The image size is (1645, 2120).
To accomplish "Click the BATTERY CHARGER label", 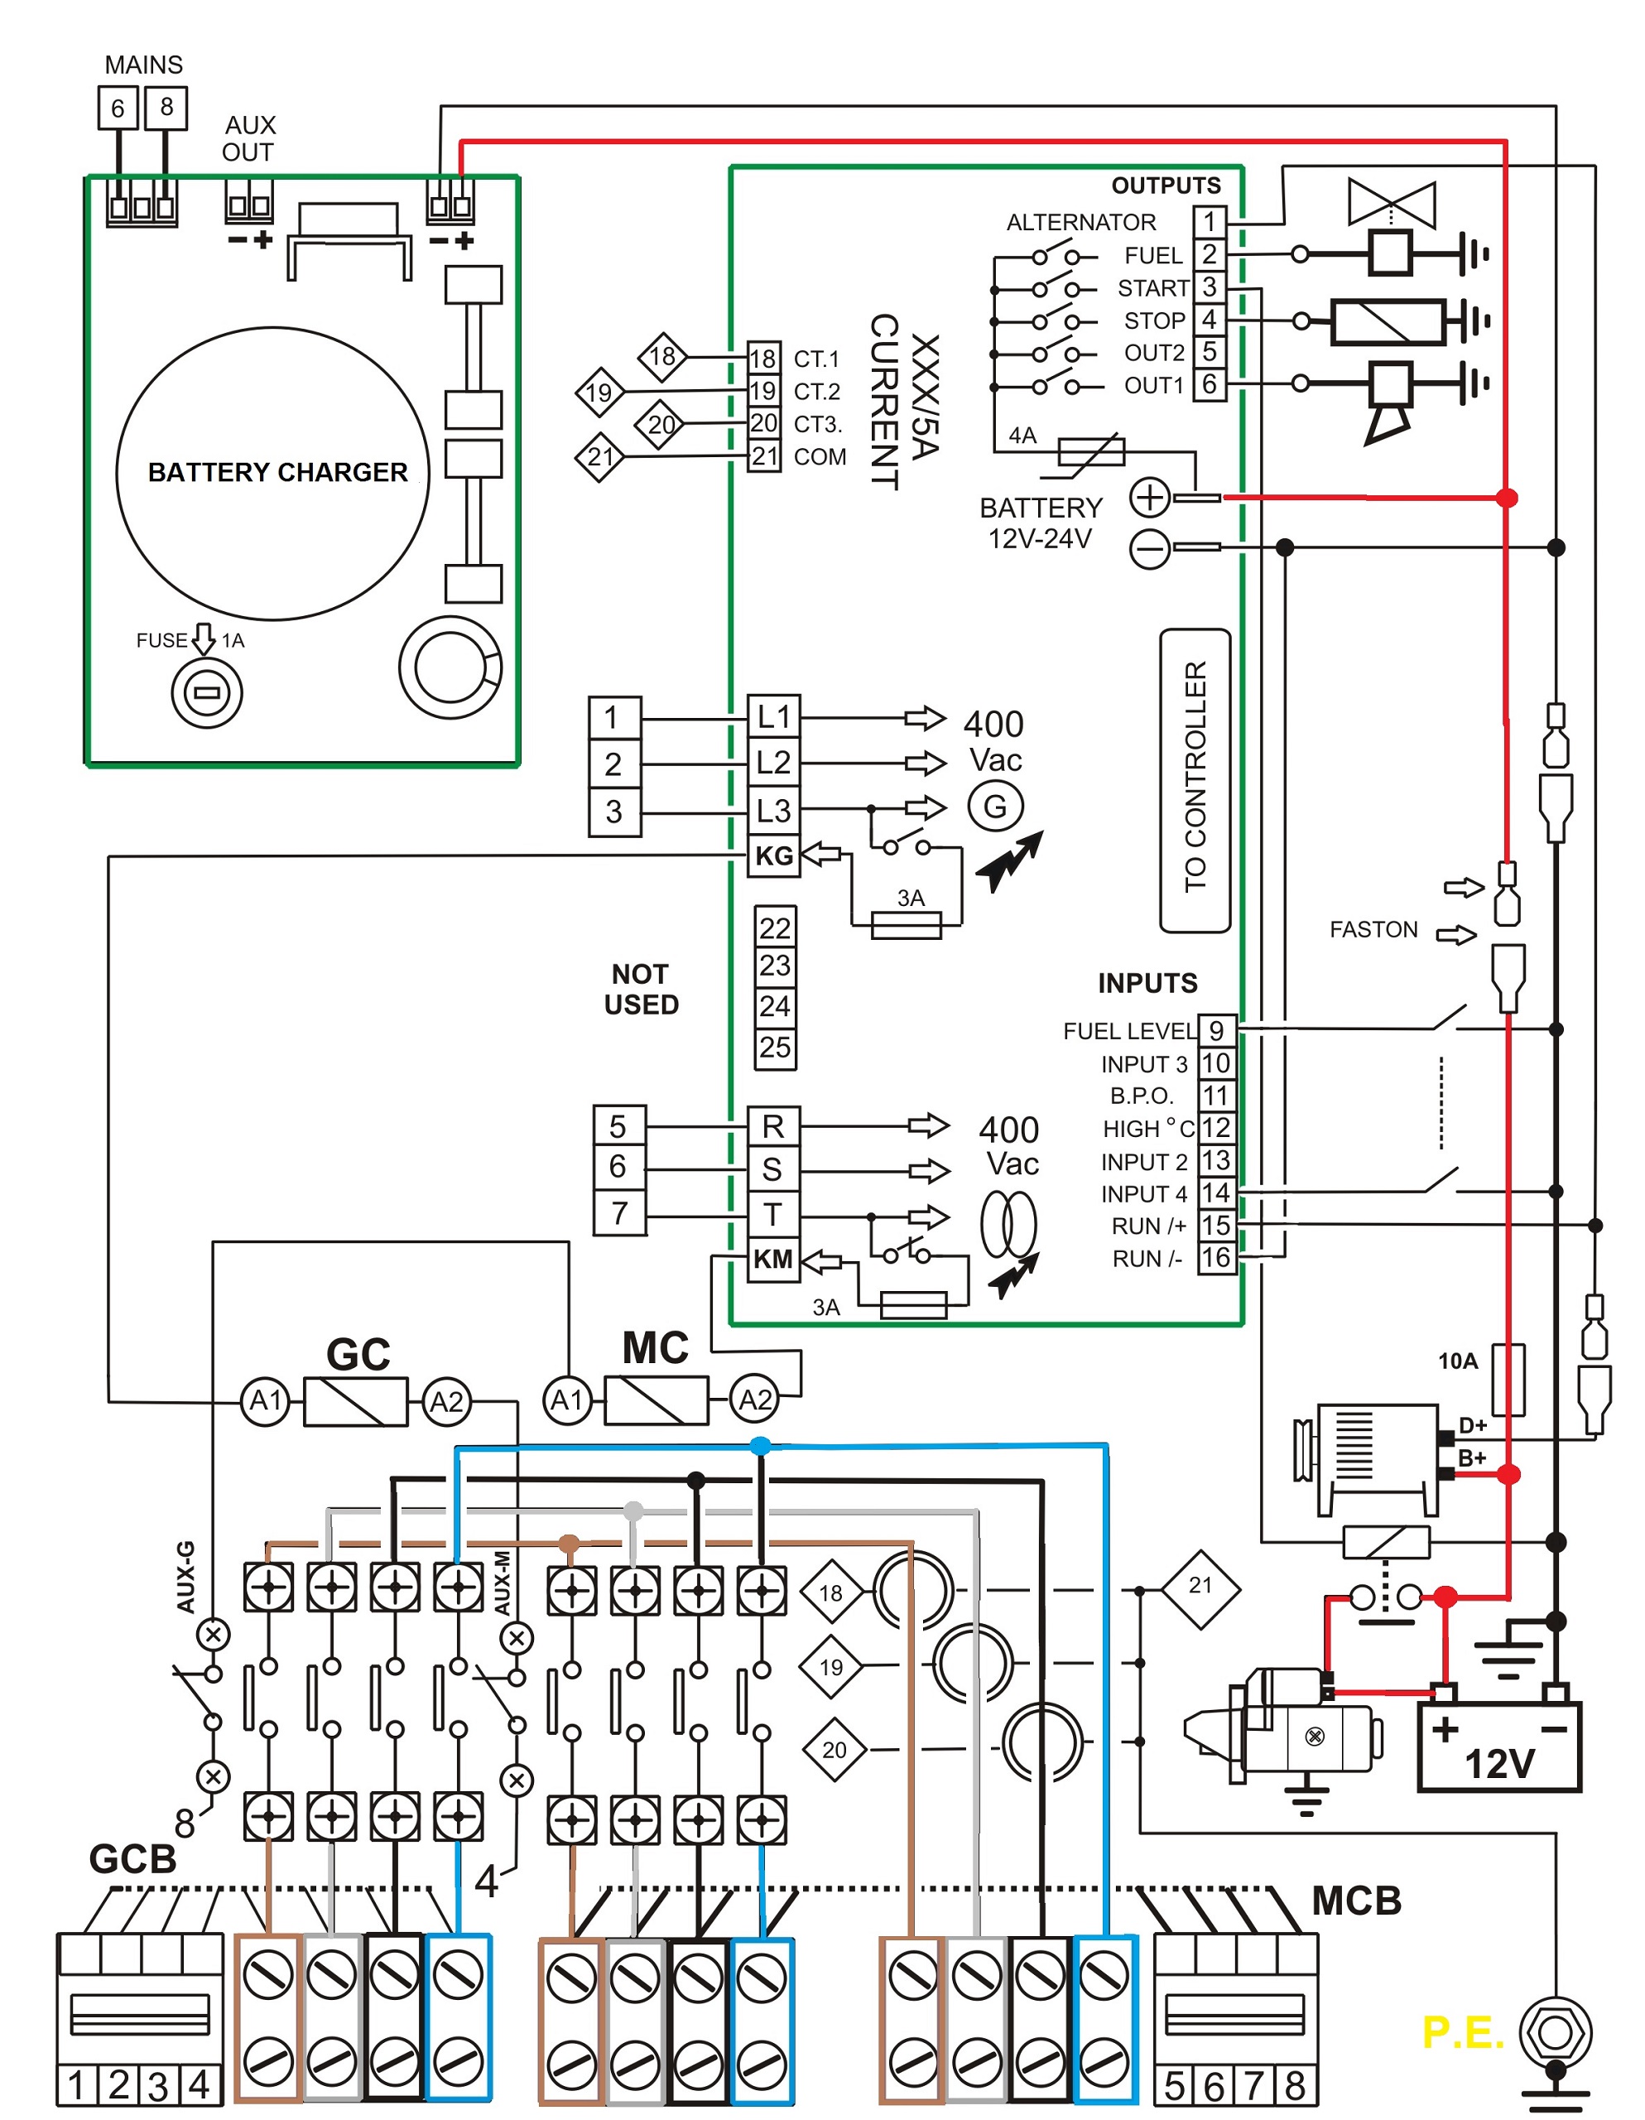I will (x=277, y=473).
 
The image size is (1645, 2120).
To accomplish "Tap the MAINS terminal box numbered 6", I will (x=118, y=108).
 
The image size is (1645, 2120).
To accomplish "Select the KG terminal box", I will (x=773, y=856).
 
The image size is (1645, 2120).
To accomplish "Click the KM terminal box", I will (x=773, y=1260).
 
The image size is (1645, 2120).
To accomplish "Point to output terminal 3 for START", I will (x=1210, y=287).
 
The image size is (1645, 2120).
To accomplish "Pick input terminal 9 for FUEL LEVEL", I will (x=1216, y=1031).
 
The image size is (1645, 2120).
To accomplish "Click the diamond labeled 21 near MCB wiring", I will (x=1200, y=1586).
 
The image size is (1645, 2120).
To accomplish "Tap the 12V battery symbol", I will (x=1499, y=1747).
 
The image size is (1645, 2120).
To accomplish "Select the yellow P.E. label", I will (x=1461, y=2031).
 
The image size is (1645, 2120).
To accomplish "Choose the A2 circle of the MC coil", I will (x=755, y=1400).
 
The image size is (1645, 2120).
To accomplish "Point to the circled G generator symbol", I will (x=996, y=807).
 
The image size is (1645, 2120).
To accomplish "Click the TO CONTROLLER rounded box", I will (x=1195, y=780).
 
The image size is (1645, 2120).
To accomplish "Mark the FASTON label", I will (x=1373, y=930).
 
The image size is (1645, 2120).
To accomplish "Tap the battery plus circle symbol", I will (x=1150, y=498).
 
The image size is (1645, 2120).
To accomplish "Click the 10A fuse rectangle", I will (x=1508, y=1380).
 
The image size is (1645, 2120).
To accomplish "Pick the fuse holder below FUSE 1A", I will (x=207, y=693).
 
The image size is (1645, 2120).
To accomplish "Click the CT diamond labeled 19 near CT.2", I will (x=599, y=393).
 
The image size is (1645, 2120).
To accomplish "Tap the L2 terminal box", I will (x=773, y=763).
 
